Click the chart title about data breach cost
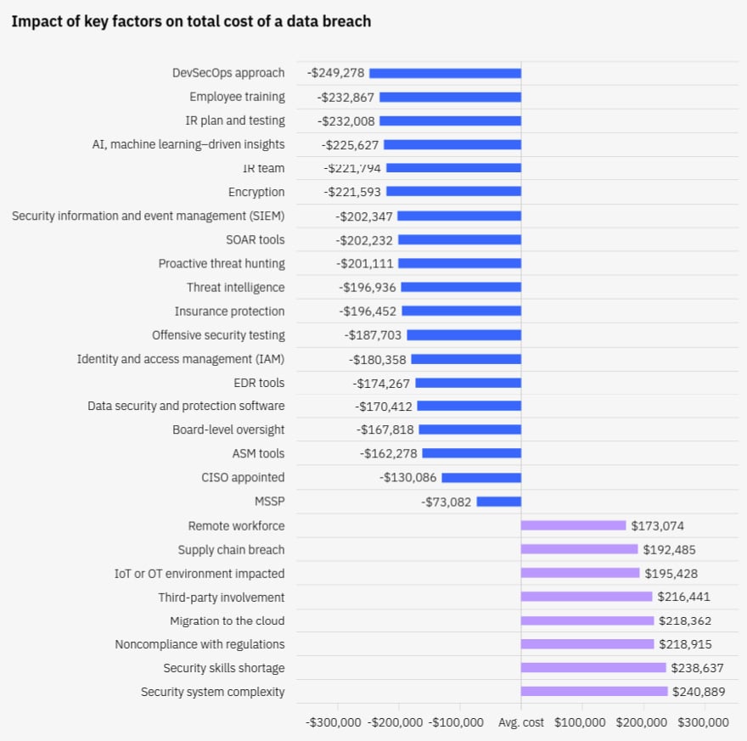tap(191, 21)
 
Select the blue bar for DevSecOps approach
tap(445, 73)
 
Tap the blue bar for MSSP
tap(498, 502)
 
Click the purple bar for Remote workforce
tap(573, 525)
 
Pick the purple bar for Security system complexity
tap(594, 692)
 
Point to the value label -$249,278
tap(335, 73)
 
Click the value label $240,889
tap(699, 692)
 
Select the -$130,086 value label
tap(408, 478)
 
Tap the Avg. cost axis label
tap(520, 722)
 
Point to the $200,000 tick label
tap(642, 722)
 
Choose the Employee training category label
tap(237, 97)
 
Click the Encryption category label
tap(256, 192)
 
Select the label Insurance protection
tap(230, 312)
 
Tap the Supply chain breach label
tap(231, 550)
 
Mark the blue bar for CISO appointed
tap(480, 478)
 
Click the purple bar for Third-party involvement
tap(587, 597)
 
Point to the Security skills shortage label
tap(224, 668)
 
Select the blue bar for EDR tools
tap(468, 383)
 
